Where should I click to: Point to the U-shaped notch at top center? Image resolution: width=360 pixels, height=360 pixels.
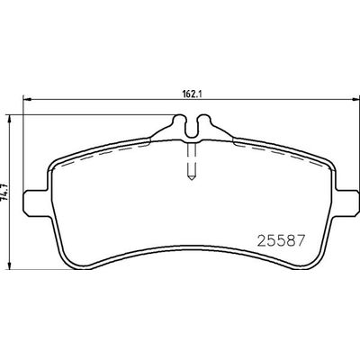pos(189,125)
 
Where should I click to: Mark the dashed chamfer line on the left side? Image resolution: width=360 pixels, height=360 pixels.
pos(99,146)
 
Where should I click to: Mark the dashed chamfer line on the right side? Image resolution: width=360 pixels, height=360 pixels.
pos(279,146)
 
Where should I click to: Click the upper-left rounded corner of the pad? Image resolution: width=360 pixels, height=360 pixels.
pos(56,162)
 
